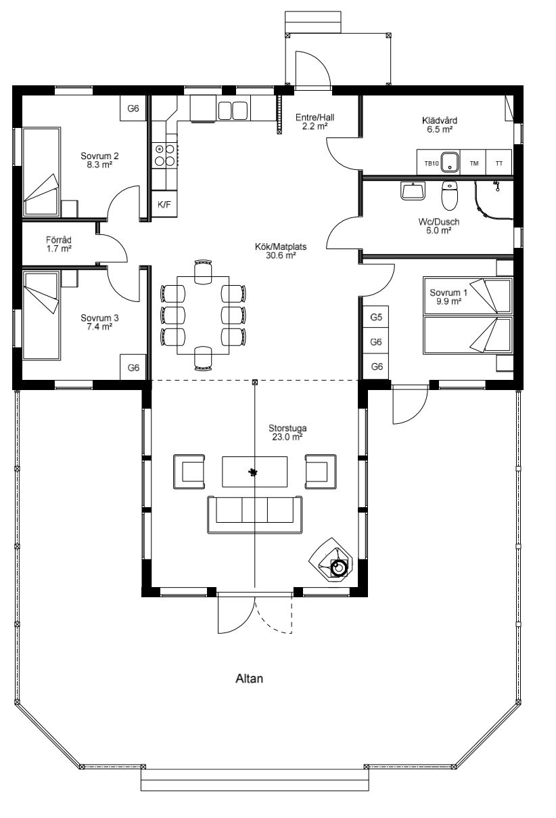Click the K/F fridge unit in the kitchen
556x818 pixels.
click(x=164, y=204)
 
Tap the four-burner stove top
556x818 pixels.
click(x=165, y=155)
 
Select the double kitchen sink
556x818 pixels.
click(x=233, y=110)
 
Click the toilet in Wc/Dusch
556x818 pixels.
click(x=449, y=196)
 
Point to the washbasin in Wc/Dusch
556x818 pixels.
click(x=413, y=191)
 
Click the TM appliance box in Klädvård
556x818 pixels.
click(x=473, y=163)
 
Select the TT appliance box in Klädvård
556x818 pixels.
click(x=499, y=163)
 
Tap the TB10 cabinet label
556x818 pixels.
click(x=432, y=164)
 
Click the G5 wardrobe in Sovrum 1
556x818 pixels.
click(x=376, y=317)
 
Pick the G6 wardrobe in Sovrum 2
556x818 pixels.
click(x=133, y=108)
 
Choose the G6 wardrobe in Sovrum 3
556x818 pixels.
click(x=133, y=368)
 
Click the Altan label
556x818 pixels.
click(x=249, y=679)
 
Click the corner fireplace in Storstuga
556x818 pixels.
click(x=331, y=559)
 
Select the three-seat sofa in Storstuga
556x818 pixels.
click(x=254, y=515)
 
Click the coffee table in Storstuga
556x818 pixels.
click(x=254, y=471)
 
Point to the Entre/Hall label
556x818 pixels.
click(x=315, y=118)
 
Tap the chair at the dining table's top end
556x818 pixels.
click(x=203, y=272)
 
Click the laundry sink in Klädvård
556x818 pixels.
click(x=450, y=162)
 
